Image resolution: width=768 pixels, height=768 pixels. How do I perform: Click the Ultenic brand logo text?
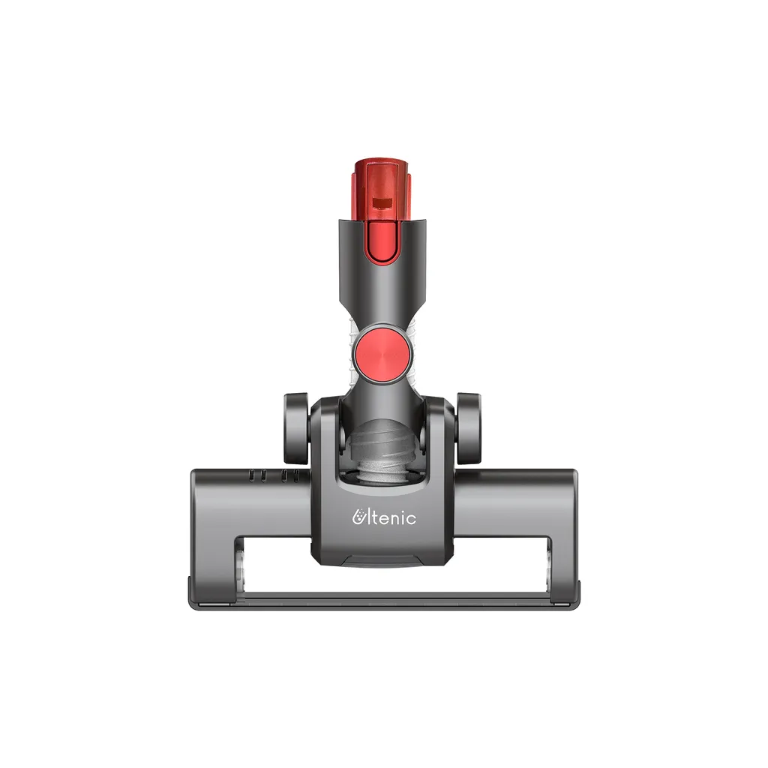click(385, 517)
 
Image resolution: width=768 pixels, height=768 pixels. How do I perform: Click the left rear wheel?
click(295, 428)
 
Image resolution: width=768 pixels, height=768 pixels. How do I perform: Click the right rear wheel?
click(468, 428)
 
